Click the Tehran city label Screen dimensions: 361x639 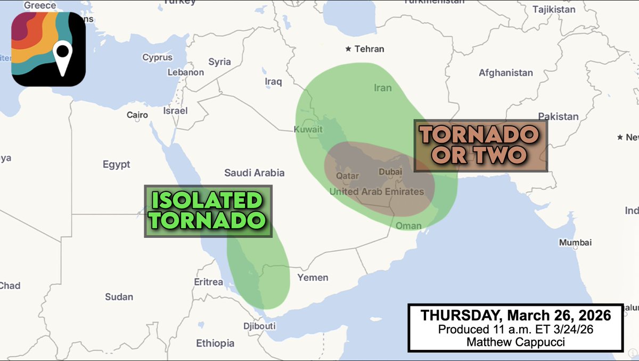point(369,49)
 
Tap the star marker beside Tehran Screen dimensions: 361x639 point(348,49)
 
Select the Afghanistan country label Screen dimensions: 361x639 point(505,73)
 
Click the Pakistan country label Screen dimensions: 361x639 point(558,116)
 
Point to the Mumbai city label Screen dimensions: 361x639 point(575,243)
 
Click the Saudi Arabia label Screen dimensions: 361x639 point(254,173)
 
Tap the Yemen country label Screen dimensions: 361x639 point(313,277)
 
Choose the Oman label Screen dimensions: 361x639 point(408,226)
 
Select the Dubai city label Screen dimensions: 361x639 point(390,172)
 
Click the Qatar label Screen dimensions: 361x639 point(346,175)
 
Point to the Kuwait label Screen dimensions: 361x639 point(308,130)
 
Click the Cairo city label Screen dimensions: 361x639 point(137,115)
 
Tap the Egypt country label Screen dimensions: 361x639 point(116,165)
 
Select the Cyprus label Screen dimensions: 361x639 point(157,58)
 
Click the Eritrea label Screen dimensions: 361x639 point(208,282)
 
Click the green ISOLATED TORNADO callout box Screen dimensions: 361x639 point(208,211)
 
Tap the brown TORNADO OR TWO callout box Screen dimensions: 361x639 point(480,146)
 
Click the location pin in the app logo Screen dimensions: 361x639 point(63,57)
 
